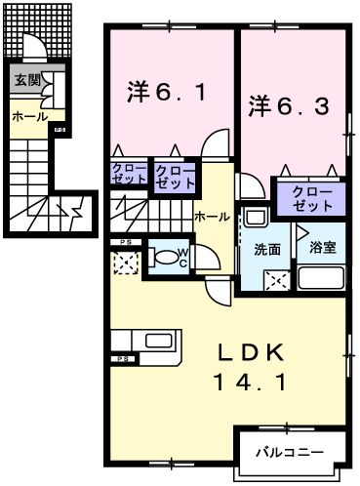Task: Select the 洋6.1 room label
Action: [167, 94]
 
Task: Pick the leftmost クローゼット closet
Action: [128, 176]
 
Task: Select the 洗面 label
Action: [267, 248]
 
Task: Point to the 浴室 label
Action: [321, 248]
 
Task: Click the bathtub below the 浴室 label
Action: [321, 279]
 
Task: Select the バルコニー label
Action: [291, 452]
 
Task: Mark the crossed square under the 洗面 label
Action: [275, 280]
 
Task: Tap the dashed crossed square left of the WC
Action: [125, 262]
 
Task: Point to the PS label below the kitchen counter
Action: [123, 360]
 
